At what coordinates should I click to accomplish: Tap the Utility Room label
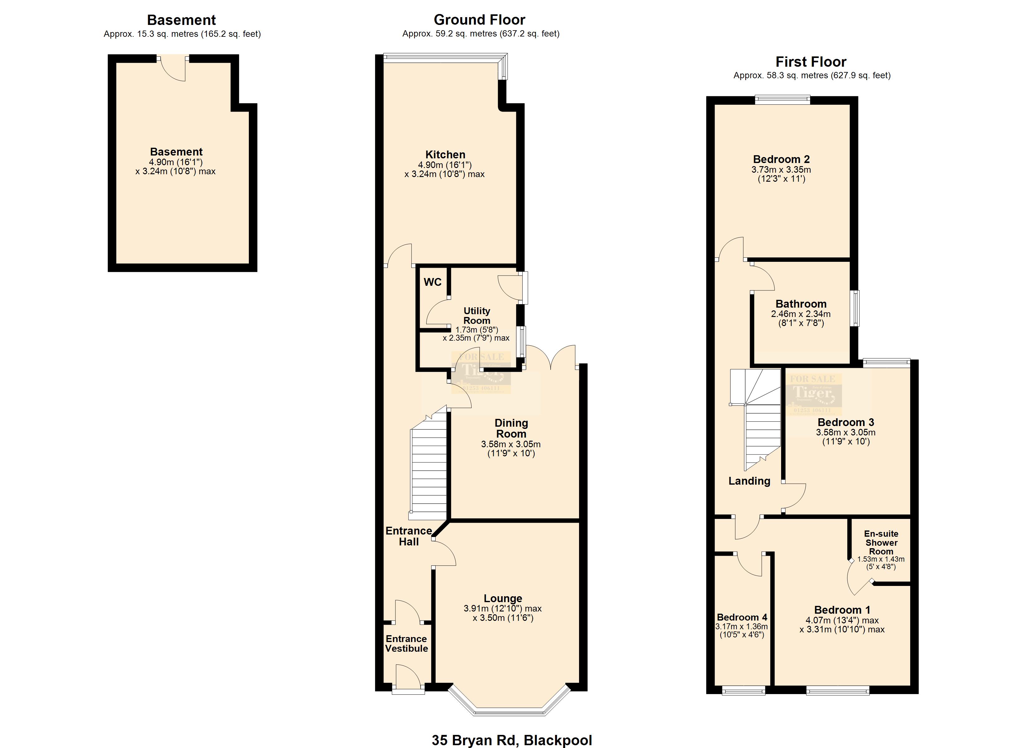(476, 316)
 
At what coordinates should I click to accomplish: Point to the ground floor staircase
(428, 467)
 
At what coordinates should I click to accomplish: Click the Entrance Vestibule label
(407, 644)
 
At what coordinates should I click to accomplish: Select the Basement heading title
(181, 20)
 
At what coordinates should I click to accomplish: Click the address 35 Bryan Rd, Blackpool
(511, 740)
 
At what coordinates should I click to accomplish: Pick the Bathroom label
(801, 304)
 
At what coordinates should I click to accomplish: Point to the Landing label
(749, 481)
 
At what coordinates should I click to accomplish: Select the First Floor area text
(812, 76)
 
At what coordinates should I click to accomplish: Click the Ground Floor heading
(479, 20)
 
